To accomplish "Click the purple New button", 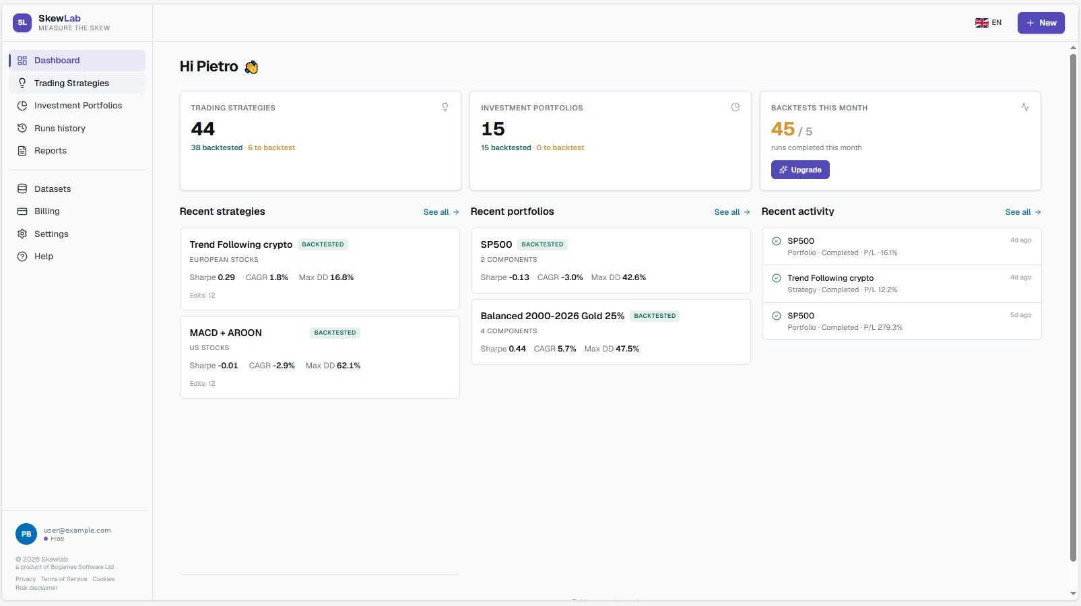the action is click(1041, 23).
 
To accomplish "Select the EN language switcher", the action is click(988, 23).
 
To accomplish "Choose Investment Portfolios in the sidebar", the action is click(77, 105).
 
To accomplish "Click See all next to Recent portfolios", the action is click(732, 212).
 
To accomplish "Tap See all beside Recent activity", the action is click(1023, 212).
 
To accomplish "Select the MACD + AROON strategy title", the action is click(226, 333).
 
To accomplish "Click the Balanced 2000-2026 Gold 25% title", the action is click(552, 316).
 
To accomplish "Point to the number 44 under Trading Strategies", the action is click(203, 129).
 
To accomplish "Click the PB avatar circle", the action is click(26, 534).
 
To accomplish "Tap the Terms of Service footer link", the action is click(64, 579).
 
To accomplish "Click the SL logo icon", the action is click(22, 23).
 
